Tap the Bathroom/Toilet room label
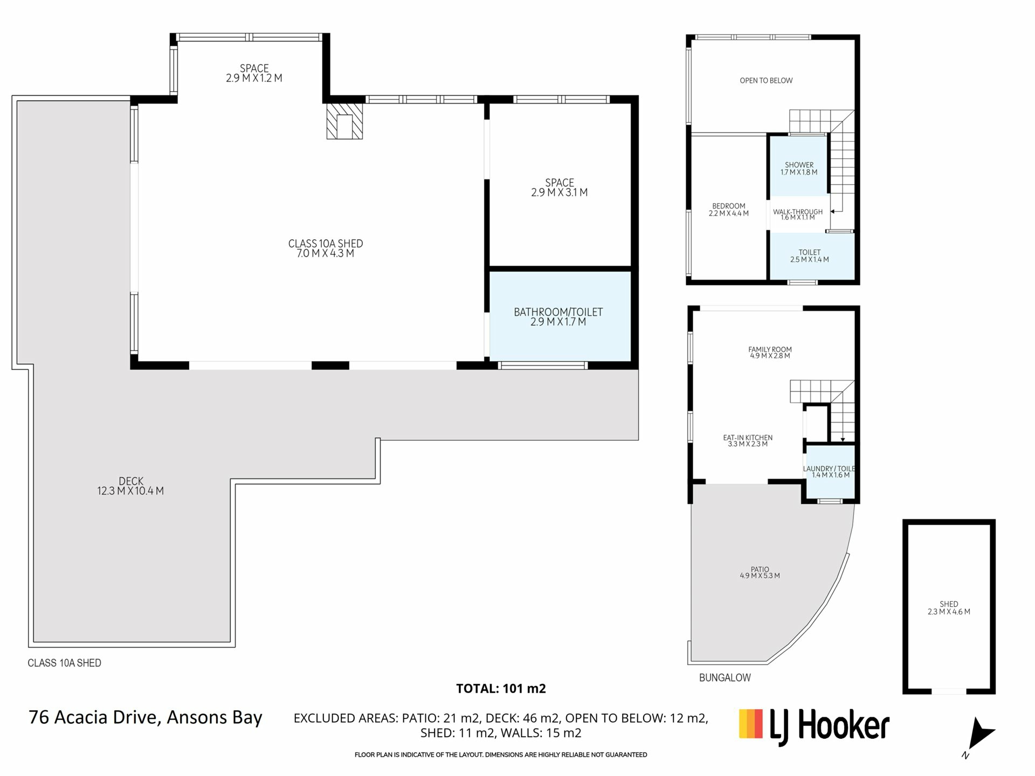pyautogui.click(x=558, y=317)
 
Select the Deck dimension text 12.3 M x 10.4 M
pyautogui.click(x=130, y=491)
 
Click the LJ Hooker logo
pyautogui.click(x=814, y=725)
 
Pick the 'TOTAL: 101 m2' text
pyautogui.click(x=501, y=688)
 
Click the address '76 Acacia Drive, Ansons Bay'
pyautogui.click(x=146, y=718)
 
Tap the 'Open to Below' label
pyautogui.click(x=766, y=81)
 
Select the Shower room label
pyautogui.click(x=799, y=169)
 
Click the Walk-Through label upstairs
pyautogui.click(x=798, y=214)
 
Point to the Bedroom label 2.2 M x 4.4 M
pyautogui.click(x=729, y=210)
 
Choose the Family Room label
pyautogui.click(x=770, y=352)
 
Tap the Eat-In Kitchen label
pyautogui.click(x=748, y=441)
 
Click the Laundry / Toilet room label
pyautogui.click(x=830, y=472)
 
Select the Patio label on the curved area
pyautogui.click(x=760, y=572)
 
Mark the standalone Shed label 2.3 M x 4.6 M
pyautogui.click(x=949, y=608)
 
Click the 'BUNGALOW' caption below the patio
pyautogui.click(x=724, y=678)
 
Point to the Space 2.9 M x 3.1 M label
pyautogui.click(x=559, y=188)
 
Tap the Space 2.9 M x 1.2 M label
pyautogui.click(x=254, y=73)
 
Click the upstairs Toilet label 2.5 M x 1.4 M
pyautogui.click(x=810, y=256)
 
